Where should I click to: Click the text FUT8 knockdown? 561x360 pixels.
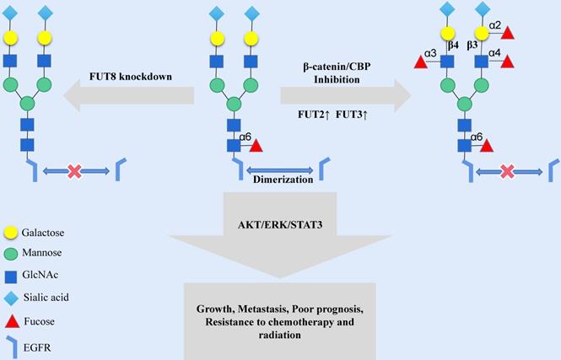pos(131,77)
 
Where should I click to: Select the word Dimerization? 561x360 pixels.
pos(283,179)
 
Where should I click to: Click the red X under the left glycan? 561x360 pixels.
pos(75,171)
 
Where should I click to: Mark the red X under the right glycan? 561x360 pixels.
pos(508,171)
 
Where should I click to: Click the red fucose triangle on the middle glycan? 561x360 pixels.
pos(255,146)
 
